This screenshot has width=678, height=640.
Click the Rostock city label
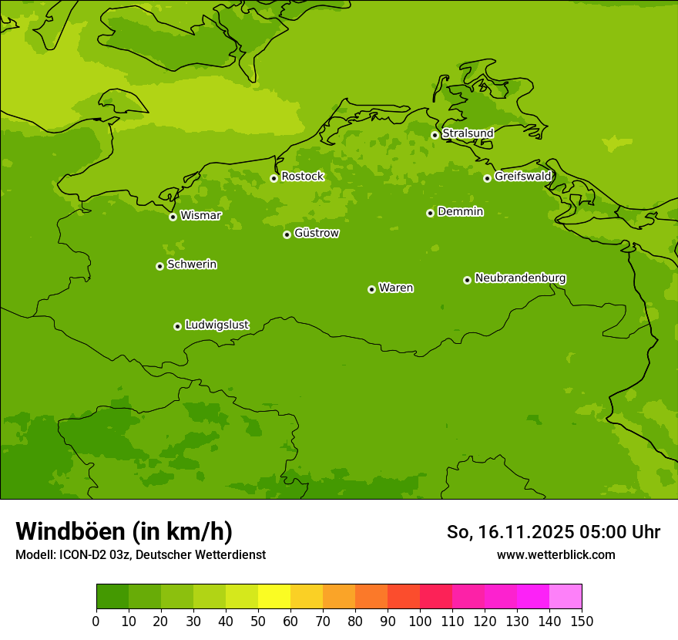302,177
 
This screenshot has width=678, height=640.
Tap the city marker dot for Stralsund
435,135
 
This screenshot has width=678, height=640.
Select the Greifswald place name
523,177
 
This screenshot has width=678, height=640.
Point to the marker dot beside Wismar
173,217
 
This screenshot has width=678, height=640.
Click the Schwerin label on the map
192,264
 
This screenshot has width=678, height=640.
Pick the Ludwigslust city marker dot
177,326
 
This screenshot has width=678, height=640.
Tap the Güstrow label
317,233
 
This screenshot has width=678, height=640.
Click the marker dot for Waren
371,289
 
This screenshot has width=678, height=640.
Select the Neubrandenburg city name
520,278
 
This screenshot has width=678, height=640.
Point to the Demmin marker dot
430,213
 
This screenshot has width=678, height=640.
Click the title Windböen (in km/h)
124,531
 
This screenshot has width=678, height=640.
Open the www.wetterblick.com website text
555,555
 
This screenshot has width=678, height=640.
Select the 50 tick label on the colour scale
258,621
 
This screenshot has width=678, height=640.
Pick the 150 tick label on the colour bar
582,621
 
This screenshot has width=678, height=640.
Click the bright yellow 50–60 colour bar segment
274,597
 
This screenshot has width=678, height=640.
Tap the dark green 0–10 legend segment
112,597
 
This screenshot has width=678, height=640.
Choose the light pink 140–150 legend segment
566,597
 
